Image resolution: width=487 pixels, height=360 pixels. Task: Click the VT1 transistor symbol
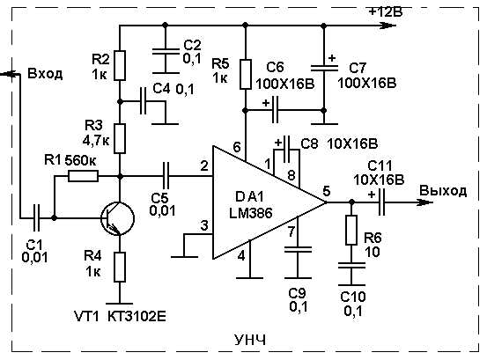click(118, 218)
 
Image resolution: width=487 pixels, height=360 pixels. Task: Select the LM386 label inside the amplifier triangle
click(251, 213)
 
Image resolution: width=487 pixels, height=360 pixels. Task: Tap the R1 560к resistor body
click(84, 176)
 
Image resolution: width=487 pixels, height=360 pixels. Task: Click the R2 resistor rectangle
click(120, 66)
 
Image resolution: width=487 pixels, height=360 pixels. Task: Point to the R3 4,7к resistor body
click(120, 138)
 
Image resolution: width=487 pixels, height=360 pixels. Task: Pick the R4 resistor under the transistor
click(120, 267)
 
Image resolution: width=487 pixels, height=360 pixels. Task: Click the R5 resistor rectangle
click(246, 75)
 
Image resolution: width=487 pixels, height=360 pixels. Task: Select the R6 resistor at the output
click(351, 230)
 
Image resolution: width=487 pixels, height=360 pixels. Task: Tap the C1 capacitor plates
click(36, 218)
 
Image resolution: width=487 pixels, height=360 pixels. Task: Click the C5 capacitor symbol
click(166, 176)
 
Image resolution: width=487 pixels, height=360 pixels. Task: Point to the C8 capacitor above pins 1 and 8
click(287, 150)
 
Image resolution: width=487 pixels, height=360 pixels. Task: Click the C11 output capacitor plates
click(381, 202)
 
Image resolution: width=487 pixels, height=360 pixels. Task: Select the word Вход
click(45, 74)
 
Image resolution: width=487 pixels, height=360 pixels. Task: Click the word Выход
click(443, 190)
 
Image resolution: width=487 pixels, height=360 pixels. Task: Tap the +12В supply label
click(385, 11)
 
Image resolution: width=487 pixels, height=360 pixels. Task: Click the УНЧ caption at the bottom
click(250, 341)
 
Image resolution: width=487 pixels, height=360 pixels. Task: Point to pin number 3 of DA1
click(204, 226)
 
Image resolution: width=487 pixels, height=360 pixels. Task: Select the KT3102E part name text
click(137, 317)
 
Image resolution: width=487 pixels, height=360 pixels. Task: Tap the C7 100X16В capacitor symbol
click(324, 69)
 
